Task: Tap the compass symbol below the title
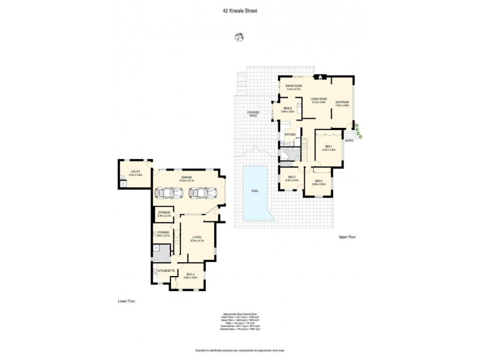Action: point(238,38)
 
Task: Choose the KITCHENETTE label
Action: point(166,271)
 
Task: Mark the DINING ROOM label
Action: point(294,86)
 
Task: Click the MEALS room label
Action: point(288,109)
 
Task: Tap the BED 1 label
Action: point(329,146)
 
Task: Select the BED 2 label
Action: point(318,182)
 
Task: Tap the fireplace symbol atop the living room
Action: point(320,77)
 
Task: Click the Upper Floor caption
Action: point(347,238)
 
